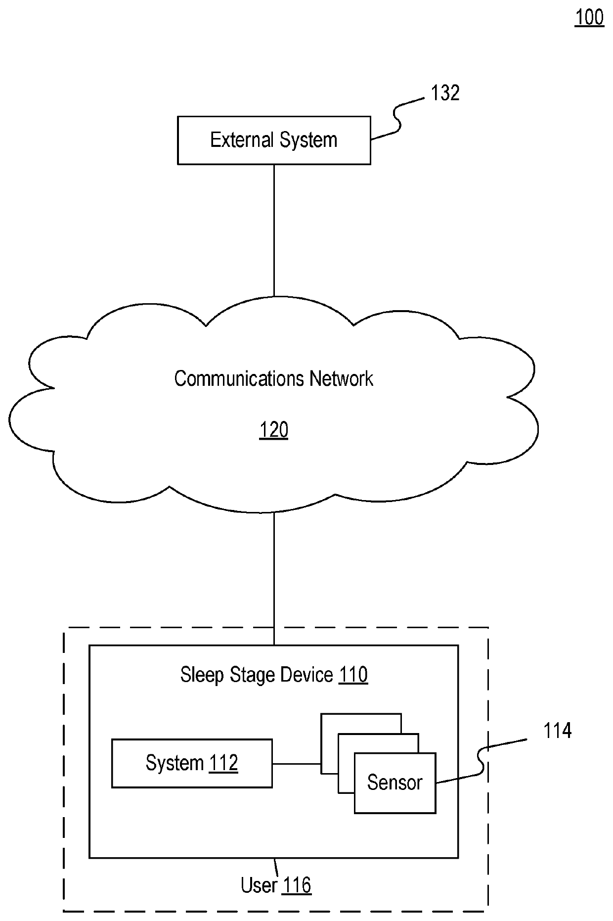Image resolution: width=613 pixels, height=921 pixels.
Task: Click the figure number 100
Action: pyautogui.click(x=589, y=17)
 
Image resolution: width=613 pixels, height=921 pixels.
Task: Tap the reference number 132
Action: pyautogui.click(x=445, y=93)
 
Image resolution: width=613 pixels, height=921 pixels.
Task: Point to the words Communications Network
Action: pyautogui.click(x=273, y=379)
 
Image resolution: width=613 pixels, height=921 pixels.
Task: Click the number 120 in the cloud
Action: pyautogui.click(x=274, y=430)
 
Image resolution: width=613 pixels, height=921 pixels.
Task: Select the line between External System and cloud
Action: pyautogui.click(x=274, y=230)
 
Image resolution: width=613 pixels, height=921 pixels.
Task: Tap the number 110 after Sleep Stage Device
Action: pyautogui.click(x=353, y=675)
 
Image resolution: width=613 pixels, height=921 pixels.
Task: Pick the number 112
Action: pyautogui.click(x=223, y=763)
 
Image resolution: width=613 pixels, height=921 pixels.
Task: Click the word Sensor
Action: pyautogui.click(x=394, y=783)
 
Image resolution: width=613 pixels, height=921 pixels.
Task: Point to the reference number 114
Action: pyautogui.click(x=557, y=731)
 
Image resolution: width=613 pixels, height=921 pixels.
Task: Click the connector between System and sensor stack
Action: pyautogui.click(x=296, y=764)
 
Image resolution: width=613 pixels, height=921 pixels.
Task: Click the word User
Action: pyautogui.click(x=259, y=885)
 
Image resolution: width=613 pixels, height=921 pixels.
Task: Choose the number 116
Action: pyautogui.click(x=297, y=885)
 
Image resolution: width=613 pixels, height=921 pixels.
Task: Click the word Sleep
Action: pyautogui.click(x=202, y=675)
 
